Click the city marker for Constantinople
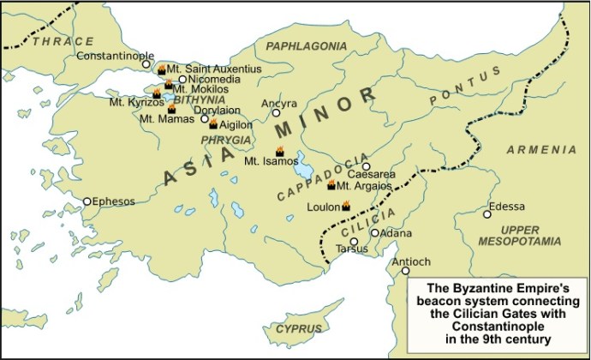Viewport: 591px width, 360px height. pyautogui.click(x=146, y=64)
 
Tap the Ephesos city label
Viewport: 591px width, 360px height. pyautogui.click(x=113, y=201)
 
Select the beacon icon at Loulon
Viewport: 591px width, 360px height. pyautogui.click(x=346, y=206)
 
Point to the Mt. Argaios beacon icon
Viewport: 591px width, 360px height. pyautogui.click(x=331, y=185)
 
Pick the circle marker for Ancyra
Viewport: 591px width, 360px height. pyautogui.click(x=276, y=112)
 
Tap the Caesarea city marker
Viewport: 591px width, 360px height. pyautogui.click(x=366, y=166)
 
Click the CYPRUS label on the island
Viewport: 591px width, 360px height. pyautogui.click(x=297, y=329)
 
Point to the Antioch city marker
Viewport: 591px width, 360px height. pyautogui.click(x=406, y=272)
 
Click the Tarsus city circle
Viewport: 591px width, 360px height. pyautogui.click(x=354, y=241)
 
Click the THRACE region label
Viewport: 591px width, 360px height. pyautogui.click(x=63, y=40)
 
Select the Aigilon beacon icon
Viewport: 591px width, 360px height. pyautogui.click(x=213, y=124)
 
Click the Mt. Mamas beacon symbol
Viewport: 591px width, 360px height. pyautogui.click(x=171, y=109)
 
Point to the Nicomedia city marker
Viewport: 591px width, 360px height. pyautogui.click(x=182, y=79)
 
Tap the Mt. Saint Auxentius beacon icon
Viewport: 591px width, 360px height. pyautogui.click(x=161, y=68)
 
